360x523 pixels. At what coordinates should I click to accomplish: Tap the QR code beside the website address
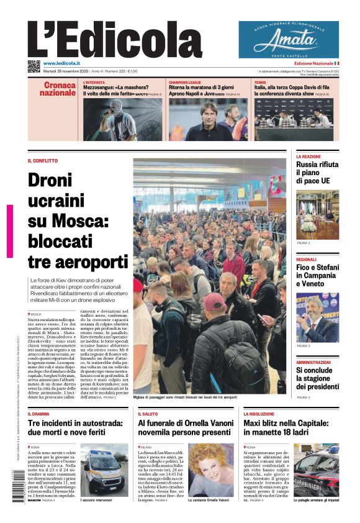34,65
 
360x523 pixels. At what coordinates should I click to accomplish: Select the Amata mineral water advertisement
289,40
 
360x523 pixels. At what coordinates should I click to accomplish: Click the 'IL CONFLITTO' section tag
42,161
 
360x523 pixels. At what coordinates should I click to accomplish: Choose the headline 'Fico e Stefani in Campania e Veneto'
317,275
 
